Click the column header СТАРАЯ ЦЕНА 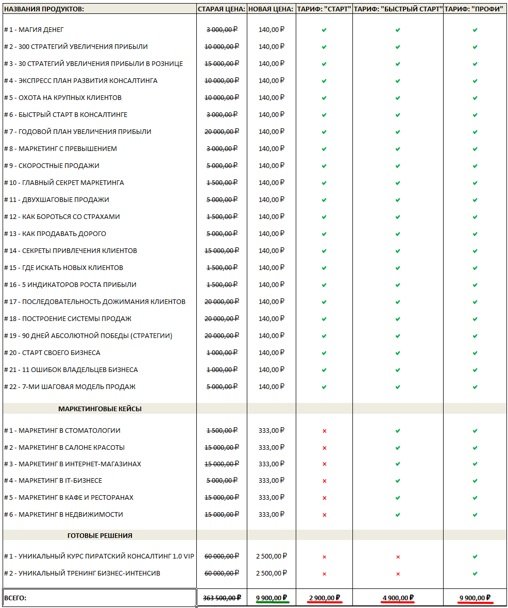222,9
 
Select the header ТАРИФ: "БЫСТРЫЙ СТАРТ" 398,9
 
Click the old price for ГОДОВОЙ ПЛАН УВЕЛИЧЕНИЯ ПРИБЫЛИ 222,131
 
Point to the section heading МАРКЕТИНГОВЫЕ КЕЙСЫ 100,409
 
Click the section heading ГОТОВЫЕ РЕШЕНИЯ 100,535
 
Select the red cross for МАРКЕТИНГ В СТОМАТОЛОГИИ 324,431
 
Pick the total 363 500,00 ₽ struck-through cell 222,598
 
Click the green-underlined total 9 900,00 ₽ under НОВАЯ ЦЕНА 272,598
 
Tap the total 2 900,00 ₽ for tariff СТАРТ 324,598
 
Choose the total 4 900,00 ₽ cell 398,598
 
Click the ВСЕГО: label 15,598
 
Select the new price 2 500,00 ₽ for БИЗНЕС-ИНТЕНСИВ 272,573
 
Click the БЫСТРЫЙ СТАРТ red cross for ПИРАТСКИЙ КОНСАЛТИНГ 398,557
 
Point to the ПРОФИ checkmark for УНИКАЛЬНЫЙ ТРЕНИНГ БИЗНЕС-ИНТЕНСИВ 475,573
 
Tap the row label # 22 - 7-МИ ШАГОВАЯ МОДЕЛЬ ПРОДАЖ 70,386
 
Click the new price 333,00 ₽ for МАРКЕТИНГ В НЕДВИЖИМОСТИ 272,514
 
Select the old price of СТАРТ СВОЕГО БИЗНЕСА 222,352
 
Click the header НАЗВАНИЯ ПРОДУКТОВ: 44,9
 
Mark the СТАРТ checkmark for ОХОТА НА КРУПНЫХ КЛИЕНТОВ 324,98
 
